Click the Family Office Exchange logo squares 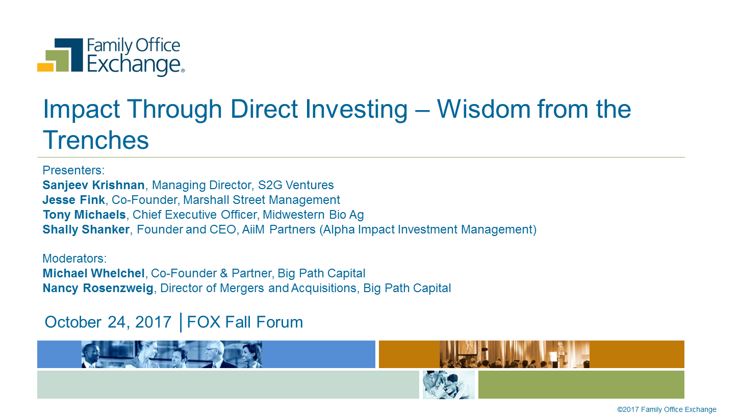pyautogui.click(x=60, y=55)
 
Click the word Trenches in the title pyautogui.click(x=96, y=140)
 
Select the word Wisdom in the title pyautogui.click(x=483, y=109)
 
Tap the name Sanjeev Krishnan pyautogui.click(x=93, y=185)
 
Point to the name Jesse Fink pyautogui.click(x=73, y=200)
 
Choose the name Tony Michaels pyautogui.click(x=84, y=215)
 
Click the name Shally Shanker pyautogui.click(x=86, y=229)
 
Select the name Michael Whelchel pyautogui.click(x=93, y=273)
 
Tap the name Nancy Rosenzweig pyautogui.click(x=98, y=288)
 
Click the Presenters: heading pyautogui.click(x=73, y=170)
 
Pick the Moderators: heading pyautogui.click(x=74, y=258)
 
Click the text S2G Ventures pyautogui.click(x=296, y=185)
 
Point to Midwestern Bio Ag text pyautogui.click(x=313, y=215)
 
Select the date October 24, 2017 pyautogui.click(x=108, y=322)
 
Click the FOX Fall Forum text pyautogui.click(x=245, y=322)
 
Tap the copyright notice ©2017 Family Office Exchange pyautogui.click(x=667, y=409)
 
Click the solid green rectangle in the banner pyautogui.click(x=581, y=384)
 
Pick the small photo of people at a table pyautogui.click(x=449, y=384)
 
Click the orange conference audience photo pyautogui.click(x=515, y=354)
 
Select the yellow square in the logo pyautogui.click(x=45, y=67)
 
